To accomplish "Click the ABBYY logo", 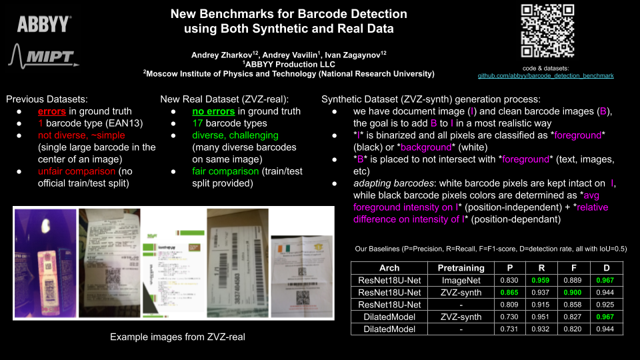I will [x=44, y=25].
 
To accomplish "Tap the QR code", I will [x=547, y=31].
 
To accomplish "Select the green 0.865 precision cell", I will [x=508, y=293].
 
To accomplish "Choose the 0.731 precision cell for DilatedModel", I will [x=508, y=329].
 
